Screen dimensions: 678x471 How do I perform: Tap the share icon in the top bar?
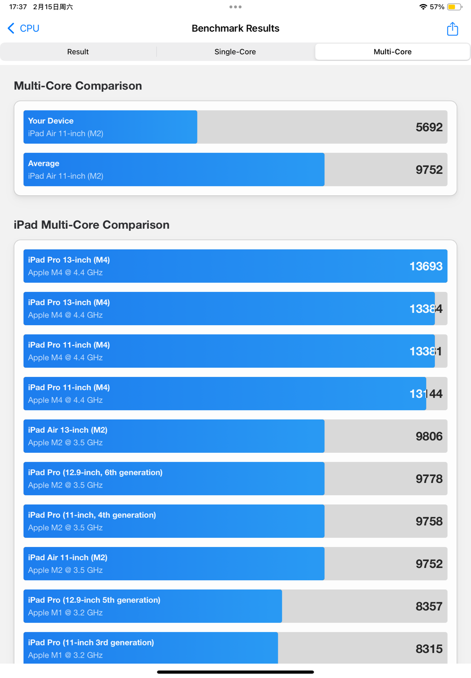click(452, 29)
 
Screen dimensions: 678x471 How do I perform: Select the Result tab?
click(78, 52)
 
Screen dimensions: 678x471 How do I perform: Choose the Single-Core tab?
click(235, 52)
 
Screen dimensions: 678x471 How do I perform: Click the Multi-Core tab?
click(392, 52)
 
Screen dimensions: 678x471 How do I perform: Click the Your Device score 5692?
click(429, 127)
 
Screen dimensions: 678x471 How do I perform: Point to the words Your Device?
click(51, 121)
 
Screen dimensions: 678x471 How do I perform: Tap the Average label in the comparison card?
click(44, 163)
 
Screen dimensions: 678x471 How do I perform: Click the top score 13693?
click(426, 266)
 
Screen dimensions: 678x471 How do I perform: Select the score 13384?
click(426, 309)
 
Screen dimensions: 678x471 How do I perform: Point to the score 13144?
click(426, 394)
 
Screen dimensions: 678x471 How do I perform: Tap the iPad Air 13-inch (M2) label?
click(68, 430)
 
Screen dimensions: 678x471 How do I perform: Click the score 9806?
click(429, 436)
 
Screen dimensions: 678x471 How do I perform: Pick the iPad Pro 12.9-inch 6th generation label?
click(95, 473)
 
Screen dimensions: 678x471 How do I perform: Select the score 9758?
click(429, 522)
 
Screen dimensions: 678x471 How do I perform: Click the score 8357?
click(429, 606)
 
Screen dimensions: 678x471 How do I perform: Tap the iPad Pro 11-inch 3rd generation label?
click(91, 642)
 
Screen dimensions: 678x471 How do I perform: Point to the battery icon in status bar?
click(454, 7)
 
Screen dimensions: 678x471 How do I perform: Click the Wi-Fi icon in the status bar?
click(423, 7)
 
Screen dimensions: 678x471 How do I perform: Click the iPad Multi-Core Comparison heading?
click(91, 225)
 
